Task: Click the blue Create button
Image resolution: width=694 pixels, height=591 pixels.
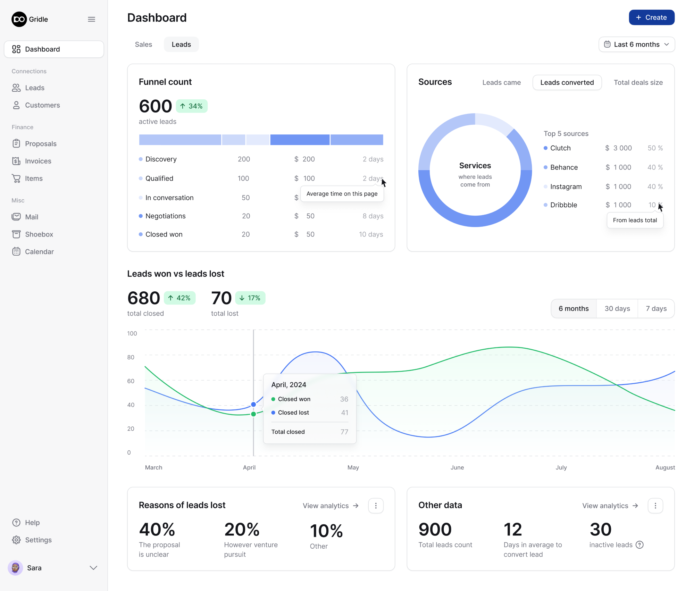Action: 651,18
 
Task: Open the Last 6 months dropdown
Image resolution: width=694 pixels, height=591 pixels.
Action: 636,44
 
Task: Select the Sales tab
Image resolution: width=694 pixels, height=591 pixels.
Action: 143,44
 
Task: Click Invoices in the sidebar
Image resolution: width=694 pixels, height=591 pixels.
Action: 38,161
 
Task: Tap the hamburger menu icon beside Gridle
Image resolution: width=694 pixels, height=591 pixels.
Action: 91,19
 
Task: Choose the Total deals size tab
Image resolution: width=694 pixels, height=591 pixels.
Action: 638,83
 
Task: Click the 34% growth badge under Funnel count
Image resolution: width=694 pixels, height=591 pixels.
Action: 192,106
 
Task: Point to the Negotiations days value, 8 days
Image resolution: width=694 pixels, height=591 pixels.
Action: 373,216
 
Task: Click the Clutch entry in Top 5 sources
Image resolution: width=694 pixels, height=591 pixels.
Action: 560,148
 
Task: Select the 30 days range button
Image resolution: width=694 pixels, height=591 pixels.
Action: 617,309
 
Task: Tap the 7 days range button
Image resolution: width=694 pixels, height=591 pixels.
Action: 656,309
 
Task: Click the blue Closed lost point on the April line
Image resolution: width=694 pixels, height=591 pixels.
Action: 253,405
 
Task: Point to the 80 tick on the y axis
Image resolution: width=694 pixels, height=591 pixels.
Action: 131,357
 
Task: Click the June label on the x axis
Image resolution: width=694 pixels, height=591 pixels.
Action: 457,468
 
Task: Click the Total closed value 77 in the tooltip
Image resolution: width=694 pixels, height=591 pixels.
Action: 344,432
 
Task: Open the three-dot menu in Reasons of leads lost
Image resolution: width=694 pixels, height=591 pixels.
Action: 376,506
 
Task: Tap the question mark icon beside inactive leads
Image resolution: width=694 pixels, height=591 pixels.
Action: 639,545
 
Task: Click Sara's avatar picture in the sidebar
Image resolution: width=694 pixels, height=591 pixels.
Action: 15,568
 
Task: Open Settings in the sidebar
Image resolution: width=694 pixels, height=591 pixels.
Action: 38,540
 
